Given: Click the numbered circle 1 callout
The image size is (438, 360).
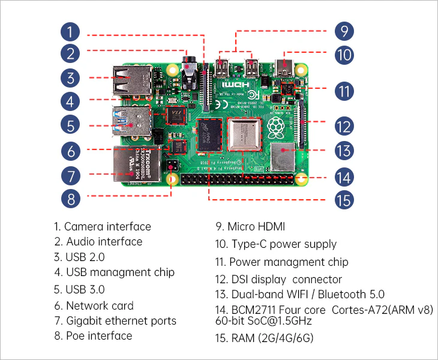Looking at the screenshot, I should point(71,31).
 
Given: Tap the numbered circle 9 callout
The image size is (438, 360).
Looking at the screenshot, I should point(344,31).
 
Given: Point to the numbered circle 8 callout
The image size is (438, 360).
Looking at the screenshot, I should point(71,199).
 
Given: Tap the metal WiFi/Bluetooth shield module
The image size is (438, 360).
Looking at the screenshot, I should point(283,155).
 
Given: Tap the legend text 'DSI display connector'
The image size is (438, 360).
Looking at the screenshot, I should point(286,279).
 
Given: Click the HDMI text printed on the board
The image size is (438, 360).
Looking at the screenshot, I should point(232,86).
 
